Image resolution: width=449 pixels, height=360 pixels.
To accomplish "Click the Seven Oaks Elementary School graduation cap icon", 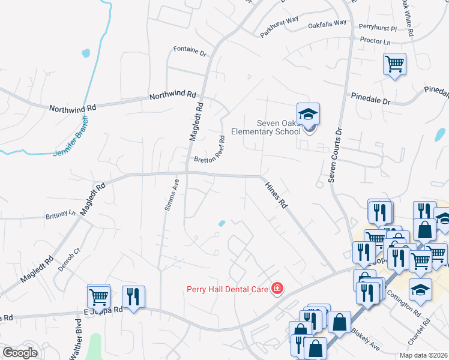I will [308, 114].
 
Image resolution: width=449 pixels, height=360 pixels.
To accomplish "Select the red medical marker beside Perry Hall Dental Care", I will [277, 289].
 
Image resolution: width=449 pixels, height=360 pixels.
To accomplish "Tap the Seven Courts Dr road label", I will [334, 155].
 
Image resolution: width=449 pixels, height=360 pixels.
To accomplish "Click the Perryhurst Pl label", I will [378, 28].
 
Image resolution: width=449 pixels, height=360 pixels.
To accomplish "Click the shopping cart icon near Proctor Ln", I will [394, 64].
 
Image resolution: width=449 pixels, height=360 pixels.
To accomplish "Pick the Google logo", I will [20, 353].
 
